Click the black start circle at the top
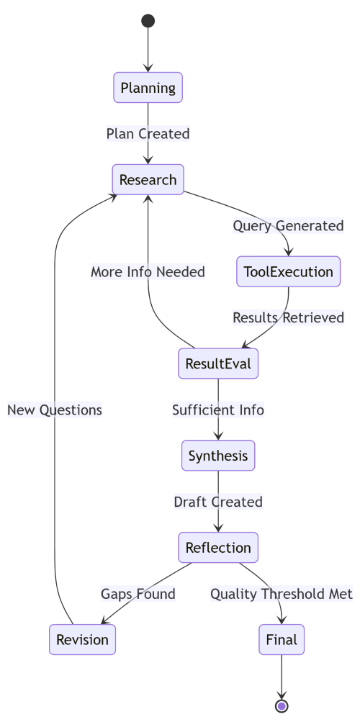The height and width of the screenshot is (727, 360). [148, 21]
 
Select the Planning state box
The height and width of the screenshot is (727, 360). [148, 89]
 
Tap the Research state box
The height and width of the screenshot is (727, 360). [148, 179]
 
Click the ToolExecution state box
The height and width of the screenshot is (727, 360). [288, 271]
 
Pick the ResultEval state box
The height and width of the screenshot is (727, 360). [218, 363]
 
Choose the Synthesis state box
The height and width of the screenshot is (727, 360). [218, 456]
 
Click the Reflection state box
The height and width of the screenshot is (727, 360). [218, 548]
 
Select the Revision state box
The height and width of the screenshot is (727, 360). [82, 639]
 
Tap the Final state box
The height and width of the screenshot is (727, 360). [282, 639]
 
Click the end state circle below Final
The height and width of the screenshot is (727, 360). [282, 706]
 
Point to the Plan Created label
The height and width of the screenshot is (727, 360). [148, 134]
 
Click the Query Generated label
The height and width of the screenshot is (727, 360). [288, 225]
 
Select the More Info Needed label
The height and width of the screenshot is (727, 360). [148, 271]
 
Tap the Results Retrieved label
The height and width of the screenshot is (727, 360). [288, 317]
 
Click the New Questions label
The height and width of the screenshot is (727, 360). [55, 410]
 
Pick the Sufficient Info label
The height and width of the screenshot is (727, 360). [218, 410]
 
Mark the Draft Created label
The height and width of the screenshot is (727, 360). [218, 502]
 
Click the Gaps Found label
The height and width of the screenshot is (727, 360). [138, 594]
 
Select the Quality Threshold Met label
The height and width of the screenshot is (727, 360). [282, 594]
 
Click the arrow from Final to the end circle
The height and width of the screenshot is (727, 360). [282, 677]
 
